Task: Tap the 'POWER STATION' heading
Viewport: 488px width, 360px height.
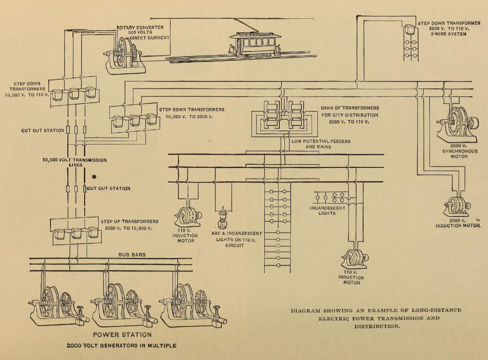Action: pyautogui.click(x=122, y=335)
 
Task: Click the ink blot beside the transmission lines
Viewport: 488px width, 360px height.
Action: pyautogui.click(x=94, y=177)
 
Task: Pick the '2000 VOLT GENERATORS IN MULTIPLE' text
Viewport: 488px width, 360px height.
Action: pyautogui.click(x=121, y=346)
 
